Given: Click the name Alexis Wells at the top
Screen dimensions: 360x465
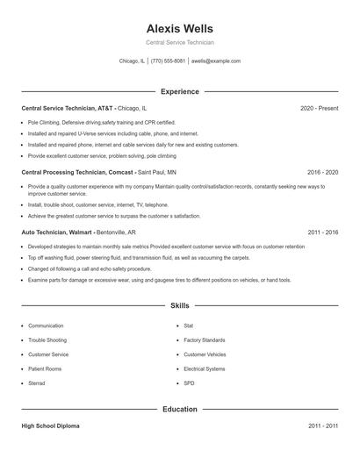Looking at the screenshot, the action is click(179, 28).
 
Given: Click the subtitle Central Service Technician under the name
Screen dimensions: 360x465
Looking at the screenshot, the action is click(179, 42).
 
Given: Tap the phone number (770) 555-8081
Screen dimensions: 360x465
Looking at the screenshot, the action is click(168, 61).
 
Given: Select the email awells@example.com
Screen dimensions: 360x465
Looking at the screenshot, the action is click(216, 61).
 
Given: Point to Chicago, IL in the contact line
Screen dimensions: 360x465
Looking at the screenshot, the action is click(132, 61).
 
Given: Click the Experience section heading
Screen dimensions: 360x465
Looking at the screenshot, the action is click(179, 91).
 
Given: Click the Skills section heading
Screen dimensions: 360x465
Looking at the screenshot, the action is click(179, 305).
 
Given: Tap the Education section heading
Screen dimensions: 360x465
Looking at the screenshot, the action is click(179, 409).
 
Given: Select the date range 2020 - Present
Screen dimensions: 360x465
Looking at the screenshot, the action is click(319, 108).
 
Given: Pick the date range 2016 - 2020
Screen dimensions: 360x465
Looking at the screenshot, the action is click(322, 173).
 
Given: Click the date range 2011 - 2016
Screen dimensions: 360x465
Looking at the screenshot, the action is click(322, 232).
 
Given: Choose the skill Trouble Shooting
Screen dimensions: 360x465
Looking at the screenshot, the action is click(47, 340).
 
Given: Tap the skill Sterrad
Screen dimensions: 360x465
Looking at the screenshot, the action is click(37, 383).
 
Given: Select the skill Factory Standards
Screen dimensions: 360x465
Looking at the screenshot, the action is click(205, 340).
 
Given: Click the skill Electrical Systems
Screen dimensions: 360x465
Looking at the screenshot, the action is click(205, 368).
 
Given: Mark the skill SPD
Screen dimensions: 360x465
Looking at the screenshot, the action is click(189, 383).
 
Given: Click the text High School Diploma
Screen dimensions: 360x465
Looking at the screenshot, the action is click(51, 426).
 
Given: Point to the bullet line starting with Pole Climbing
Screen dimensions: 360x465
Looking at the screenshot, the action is click(102, 123).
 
